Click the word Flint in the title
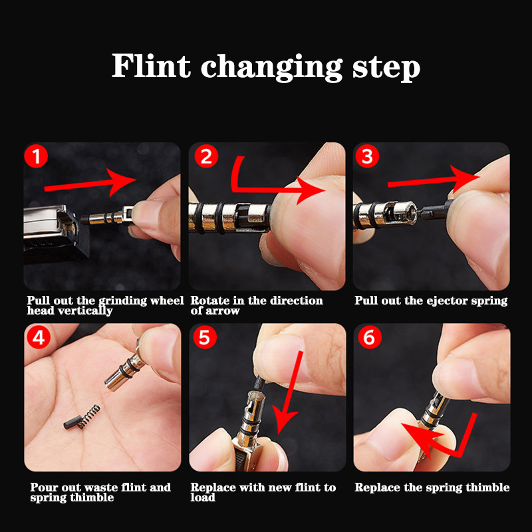[151, 65]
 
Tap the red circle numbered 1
[36, 156]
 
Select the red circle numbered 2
[206, 156]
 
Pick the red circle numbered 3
[367, 156]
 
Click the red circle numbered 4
[39, 337]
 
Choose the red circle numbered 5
[205, 337]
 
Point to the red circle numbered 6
[370, 337]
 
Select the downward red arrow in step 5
[289, 392]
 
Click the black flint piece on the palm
[72, 422]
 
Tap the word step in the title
[386, 68]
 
